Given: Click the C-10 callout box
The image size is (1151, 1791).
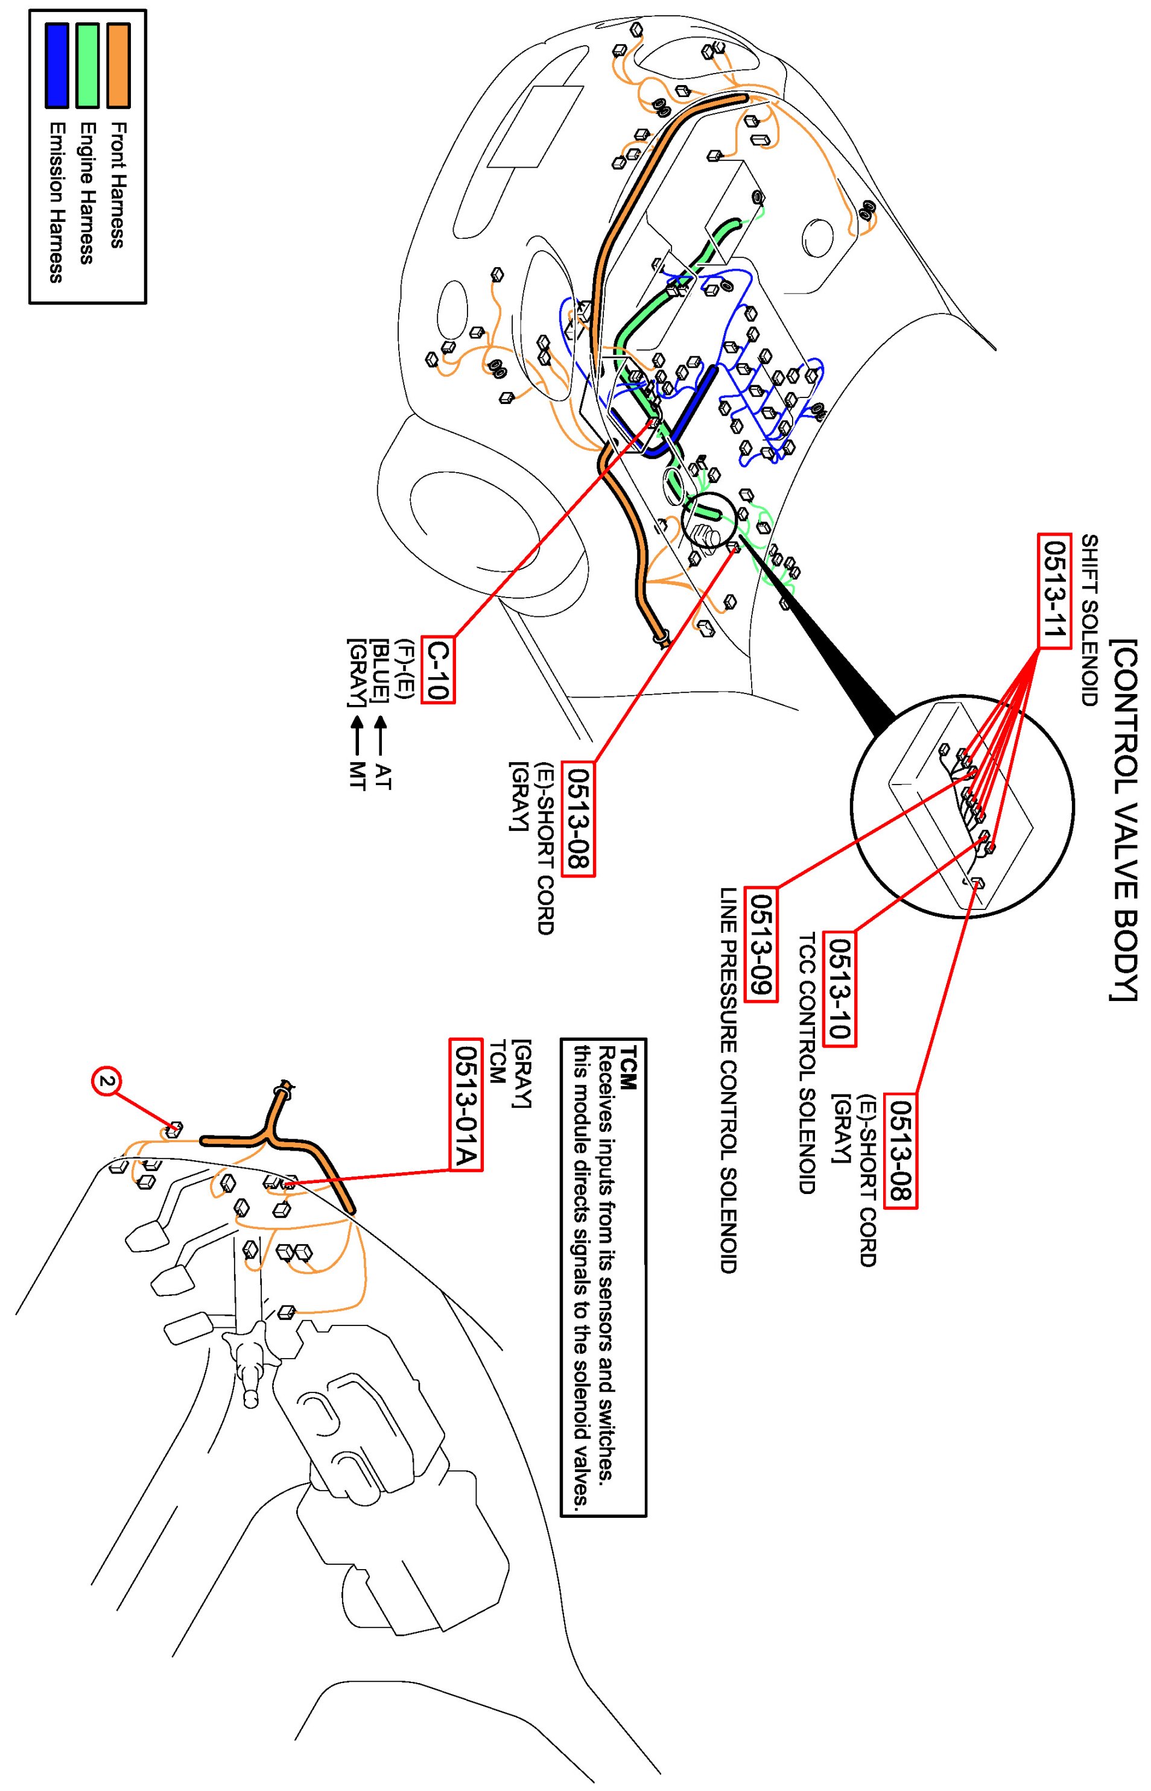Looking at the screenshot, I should tap(437, 669).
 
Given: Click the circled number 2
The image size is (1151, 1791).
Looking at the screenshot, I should tap(107, 1081).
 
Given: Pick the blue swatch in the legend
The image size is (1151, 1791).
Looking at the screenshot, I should tap(57, 65).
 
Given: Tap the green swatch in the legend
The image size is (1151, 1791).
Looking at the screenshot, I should tap(87, 65).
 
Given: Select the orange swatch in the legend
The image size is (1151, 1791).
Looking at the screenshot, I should tap(118, 65).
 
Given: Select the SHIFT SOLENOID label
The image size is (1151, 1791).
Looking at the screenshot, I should tap(1089, 620).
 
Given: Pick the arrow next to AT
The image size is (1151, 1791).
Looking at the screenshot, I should tap(381, 735).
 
